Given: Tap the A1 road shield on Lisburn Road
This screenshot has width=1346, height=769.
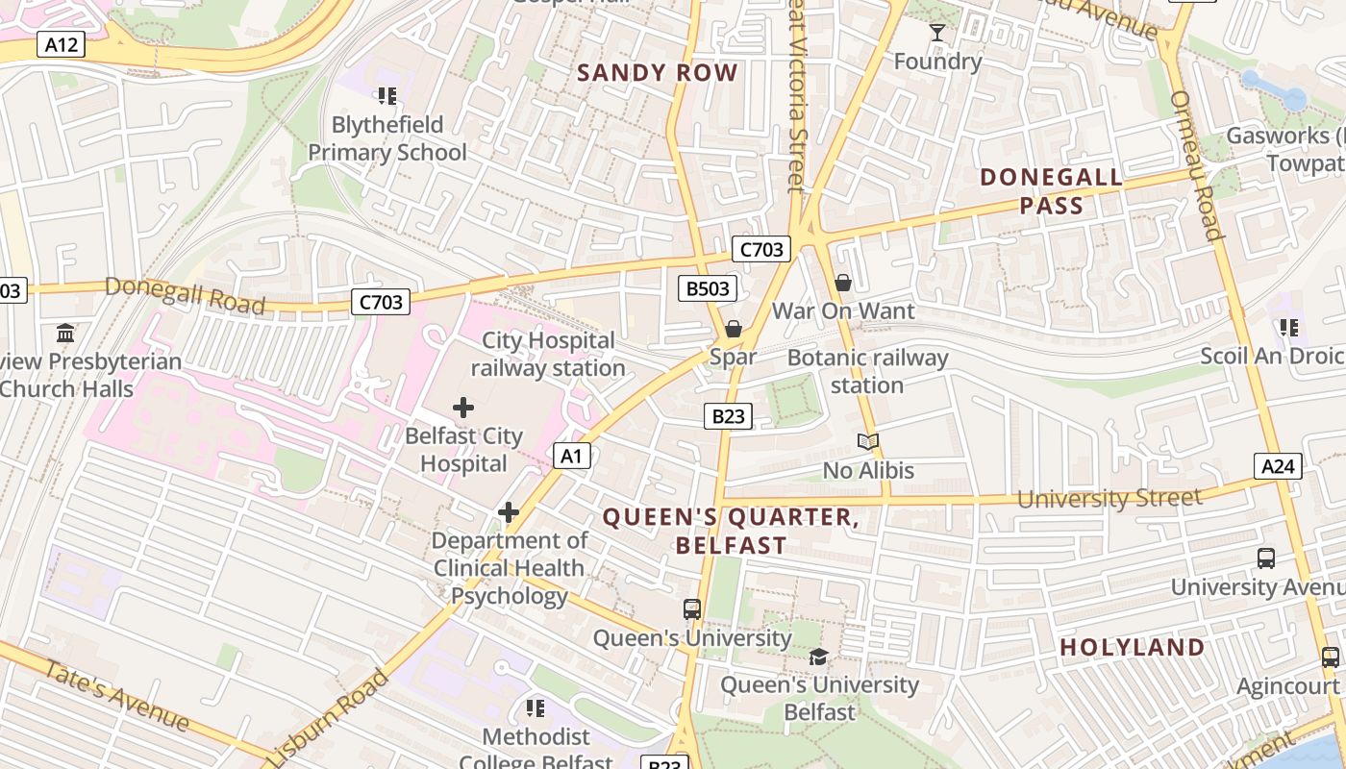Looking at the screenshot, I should [x=572, y=456].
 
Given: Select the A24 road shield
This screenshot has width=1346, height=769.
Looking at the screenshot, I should [x=1278, y=467].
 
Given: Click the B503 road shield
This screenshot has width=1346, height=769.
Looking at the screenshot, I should [x=708, y=288].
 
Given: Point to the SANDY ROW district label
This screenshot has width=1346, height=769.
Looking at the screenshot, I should [x=658, y=73].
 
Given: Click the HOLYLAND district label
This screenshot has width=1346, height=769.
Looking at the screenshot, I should [x=1132, y=648].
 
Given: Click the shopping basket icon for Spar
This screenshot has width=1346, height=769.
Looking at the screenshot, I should [x=734, y=330].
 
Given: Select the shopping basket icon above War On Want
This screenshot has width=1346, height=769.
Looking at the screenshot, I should [x=843, y=283].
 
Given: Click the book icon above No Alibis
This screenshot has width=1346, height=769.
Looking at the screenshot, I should [x=868, y=442].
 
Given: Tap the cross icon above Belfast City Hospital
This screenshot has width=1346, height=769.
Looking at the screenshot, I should [x=463, y=408].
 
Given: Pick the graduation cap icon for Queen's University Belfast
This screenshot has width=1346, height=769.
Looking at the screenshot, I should [x=818, y=657].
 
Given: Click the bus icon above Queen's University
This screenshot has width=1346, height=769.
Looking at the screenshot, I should [x=692, y=609].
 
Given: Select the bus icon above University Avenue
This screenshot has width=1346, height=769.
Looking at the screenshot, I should [x=1266, y=558].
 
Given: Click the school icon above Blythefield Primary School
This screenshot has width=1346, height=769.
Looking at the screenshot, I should [x=387, y=96].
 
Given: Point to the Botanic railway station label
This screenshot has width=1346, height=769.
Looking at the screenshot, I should [x=867, y=371].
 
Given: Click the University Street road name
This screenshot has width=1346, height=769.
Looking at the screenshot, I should [x=1109, y=498].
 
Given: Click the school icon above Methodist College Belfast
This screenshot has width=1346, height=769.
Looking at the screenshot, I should [x=536, y=709].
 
